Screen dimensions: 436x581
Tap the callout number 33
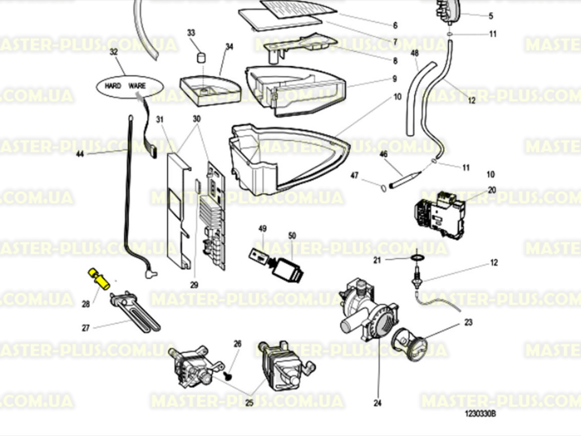(191, 33)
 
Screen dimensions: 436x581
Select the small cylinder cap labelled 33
(201, 57)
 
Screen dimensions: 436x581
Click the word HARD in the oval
(113, 86)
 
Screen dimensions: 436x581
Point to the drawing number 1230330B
(480, 414)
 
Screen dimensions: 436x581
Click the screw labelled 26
(228, 376)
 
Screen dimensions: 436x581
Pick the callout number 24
(377, 403)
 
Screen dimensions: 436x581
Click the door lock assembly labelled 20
(439, 214)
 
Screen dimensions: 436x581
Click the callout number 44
(80, 154)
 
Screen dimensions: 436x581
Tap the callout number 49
(262, 229)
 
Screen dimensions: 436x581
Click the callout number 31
(160, 119)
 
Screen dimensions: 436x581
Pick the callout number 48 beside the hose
(414, 53)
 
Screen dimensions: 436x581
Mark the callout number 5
(491, 16)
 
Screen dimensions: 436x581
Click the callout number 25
(249, 403)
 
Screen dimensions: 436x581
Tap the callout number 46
(383, 154)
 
